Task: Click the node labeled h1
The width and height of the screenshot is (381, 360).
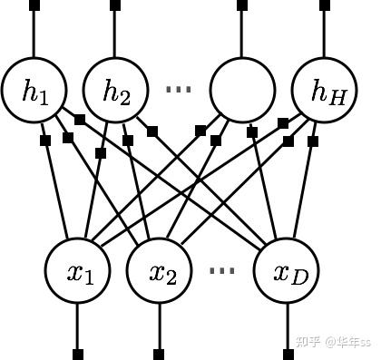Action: (x=35, y=91)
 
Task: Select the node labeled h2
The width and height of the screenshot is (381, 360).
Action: (x=115, y=91)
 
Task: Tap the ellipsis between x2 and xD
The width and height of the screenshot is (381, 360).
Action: (x=221, y=270)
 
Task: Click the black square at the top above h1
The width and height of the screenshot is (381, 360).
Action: (x=34, y=5)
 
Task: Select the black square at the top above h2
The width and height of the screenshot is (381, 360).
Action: (x=114, y=5)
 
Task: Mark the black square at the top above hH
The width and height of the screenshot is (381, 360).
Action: (x=325, y=5)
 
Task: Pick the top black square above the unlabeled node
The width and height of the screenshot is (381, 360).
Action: (x=242, y=5)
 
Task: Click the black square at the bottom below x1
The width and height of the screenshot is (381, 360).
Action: (x=78, y=353)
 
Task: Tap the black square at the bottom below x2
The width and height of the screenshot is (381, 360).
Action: (x=159, y=353)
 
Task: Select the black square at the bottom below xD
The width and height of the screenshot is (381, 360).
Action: (x=290, y=353)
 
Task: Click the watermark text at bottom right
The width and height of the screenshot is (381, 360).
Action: (x=334, y=342)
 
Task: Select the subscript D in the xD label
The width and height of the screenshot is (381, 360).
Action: (x=300, y=277)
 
